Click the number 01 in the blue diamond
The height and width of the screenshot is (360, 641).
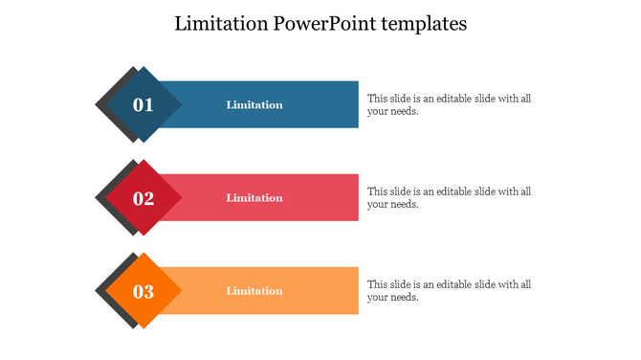(143, 105)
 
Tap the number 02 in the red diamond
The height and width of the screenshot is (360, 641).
(143, 198)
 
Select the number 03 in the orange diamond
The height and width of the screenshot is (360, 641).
(143, 291)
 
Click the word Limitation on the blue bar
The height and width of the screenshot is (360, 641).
(254, 105)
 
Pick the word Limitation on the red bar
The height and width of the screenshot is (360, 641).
(254, 198)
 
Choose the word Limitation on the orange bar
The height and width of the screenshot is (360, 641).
(254, 291)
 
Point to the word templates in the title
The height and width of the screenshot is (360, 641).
(423, 24)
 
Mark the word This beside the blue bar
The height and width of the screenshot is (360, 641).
(378, 99)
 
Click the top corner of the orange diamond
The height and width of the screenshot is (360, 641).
(143, 254)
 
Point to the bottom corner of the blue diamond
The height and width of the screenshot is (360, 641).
(143, 143)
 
